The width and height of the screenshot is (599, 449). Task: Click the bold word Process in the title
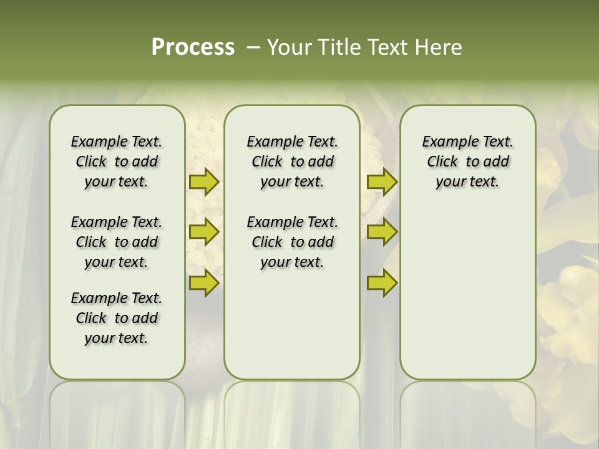point(193,47)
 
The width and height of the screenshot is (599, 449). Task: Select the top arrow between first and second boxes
point(203,182)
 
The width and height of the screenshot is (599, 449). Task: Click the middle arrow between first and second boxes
point(203,232)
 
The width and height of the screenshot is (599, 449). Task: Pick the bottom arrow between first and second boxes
point(203,282)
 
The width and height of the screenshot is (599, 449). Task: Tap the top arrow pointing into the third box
point(382,182)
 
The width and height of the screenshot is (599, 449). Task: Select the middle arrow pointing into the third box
point(382,232)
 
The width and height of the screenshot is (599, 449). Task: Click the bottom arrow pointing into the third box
point(382,282)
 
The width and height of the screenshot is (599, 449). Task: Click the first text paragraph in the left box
point(117,162)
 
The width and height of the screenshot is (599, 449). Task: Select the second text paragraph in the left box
point(117,242)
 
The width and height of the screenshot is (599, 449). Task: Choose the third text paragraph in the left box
point(117,318)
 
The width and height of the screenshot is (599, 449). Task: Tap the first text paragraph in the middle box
point(292,162)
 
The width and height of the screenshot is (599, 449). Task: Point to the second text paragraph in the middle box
point(292,242)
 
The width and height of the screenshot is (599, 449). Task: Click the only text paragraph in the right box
point(467,162)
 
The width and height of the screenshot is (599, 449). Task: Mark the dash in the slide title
point(253,47)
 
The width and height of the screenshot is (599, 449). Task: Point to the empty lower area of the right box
point(467,293)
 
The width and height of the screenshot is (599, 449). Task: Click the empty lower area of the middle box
point(292,324)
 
